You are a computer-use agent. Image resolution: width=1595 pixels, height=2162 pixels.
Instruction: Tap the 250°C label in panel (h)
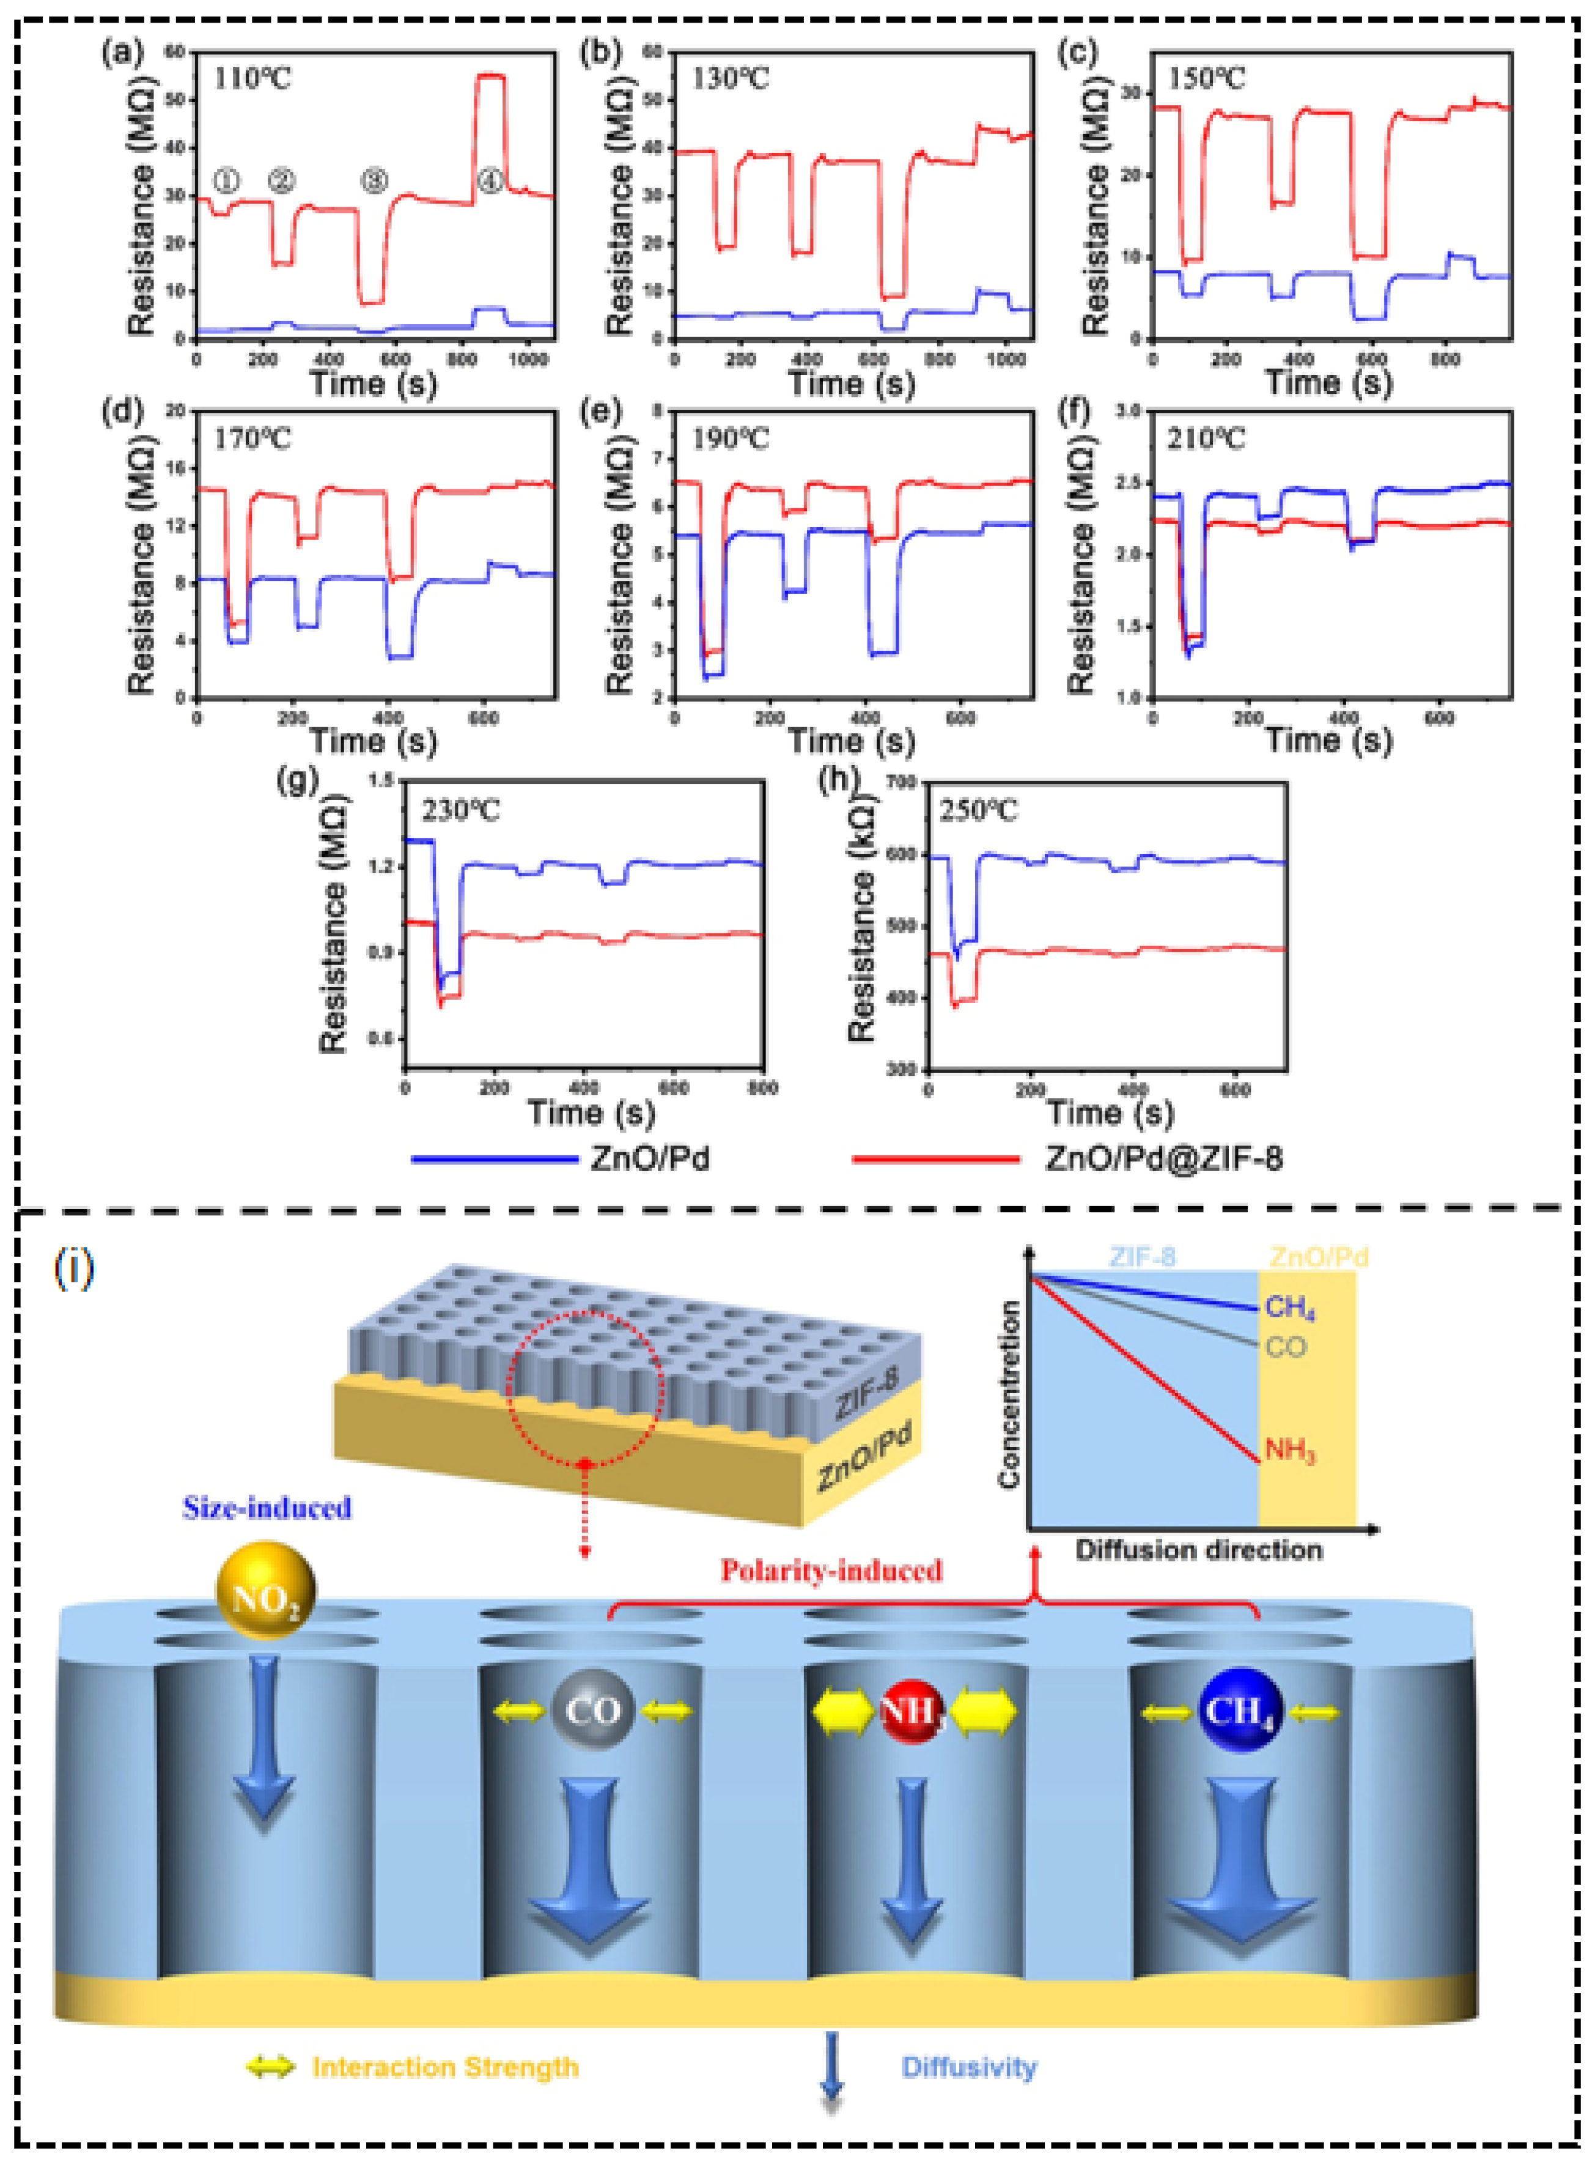pos(978,809)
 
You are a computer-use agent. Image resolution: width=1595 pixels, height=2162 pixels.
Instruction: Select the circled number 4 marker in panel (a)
pos(490,180)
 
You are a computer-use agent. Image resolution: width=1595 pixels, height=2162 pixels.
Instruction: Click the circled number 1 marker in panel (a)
pos(226,180)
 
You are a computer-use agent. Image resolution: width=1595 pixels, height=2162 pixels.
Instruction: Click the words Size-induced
pos(267,1508)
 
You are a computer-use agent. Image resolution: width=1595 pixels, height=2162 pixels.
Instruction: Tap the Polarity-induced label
pos(831,1570)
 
